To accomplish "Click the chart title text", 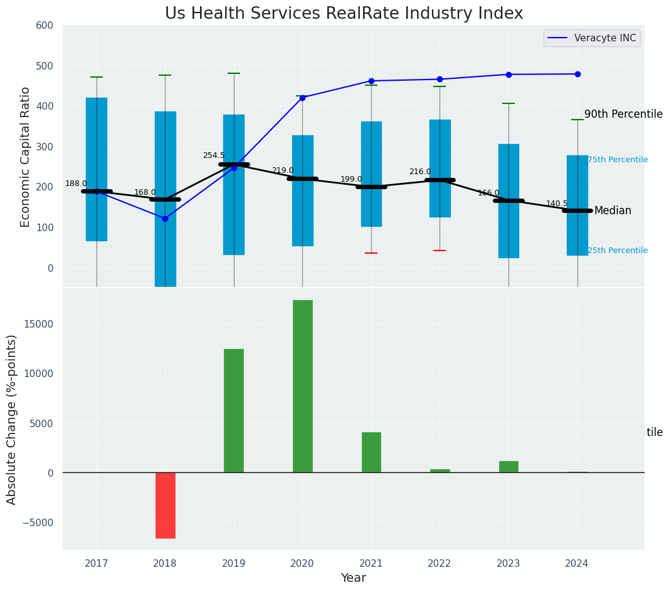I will [x=344, y=14].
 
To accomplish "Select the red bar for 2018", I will [x=166, y=505].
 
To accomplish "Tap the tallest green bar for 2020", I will [x=302, y=386].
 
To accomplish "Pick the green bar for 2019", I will [x=234, y=410].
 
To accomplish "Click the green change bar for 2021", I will [x=371, y=452].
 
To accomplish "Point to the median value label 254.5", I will [x=213, y=155].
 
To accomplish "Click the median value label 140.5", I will [x=557, y=204].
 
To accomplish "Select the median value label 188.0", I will [x=76, y=184].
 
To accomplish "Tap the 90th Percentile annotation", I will [x=623, y=114].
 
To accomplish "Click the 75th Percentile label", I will [x=618, y=160].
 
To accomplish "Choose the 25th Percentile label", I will [x=618, y=251].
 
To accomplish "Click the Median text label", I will [x=613, y=210].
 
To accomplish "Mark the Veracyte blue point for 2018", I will [x=165, y=219].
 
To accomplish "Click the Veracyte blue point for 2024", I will [x=577, y=74].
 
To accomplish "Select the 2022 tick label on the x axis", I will [x=440, y=564].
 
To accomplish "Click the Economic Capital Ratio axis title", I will [x=26, y=157].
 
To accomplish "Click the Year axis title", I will [x=354, y=578].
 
